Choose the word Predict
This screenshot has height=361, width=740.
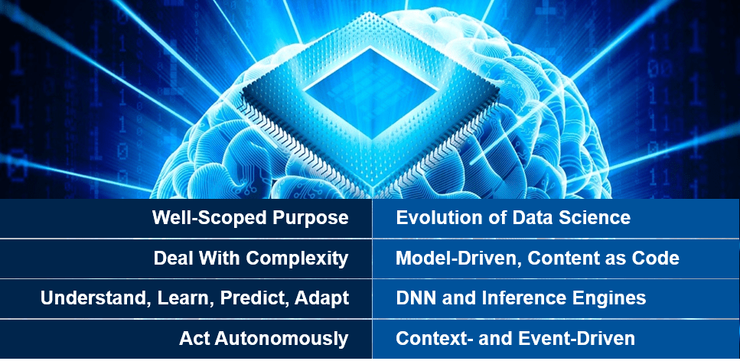point(253,298)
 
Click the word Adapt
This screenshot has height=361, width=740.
point(320,298)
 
